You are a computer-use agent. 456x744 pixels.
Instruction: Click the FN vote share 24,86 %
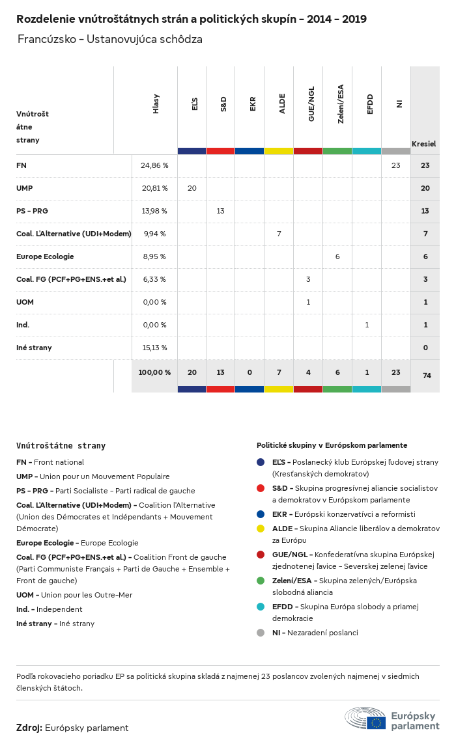tap(154, 165)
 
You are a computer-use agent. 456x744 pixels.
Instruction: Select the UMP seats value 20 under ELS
tap(192, 188)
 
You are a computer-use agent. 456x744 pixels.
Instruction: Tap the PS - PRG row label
tap(33, 211)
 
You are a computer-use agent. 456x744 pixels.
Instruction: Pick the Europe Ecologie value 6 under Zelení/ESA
tap(337, 256)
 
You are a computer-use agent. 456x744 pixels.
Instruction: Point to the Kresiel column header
tap(423, 143)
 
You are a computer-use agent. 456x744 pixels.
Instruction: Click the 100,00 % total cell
tap(154, 372)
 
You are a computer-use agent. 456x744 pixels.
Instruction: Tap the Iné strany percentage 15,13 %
tap(154, 348)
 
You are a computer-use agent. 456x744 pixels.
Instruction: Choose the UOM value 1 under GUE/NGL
tap(308, 302)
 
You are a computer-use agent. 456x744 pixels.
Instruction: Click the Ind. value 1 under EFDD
tap(367, 325)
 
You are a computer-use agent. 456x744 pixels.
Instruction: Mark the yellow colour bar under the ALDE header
tap(279, 151)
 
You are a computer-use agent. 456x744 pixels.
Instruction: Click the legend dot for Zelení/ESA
tap(261, 581)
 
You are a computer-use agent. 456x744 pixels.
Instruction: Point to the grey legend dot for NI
tap(261, 633)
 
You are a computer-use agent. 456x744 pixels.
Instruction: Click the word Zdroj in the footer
tap(29, 728)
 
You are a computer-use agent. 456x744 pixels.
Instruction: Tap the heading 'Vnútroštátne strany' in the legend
tap(61, 446)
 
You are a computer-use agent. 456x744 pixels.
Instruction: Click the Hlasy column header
tap(156, 104)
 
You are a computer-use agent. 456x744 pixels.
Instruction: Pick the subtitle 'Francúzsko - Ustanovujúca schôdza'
tap(110, 39)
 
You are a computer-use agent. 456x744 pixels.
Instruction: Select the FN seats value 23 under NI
tap(395, 165)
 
